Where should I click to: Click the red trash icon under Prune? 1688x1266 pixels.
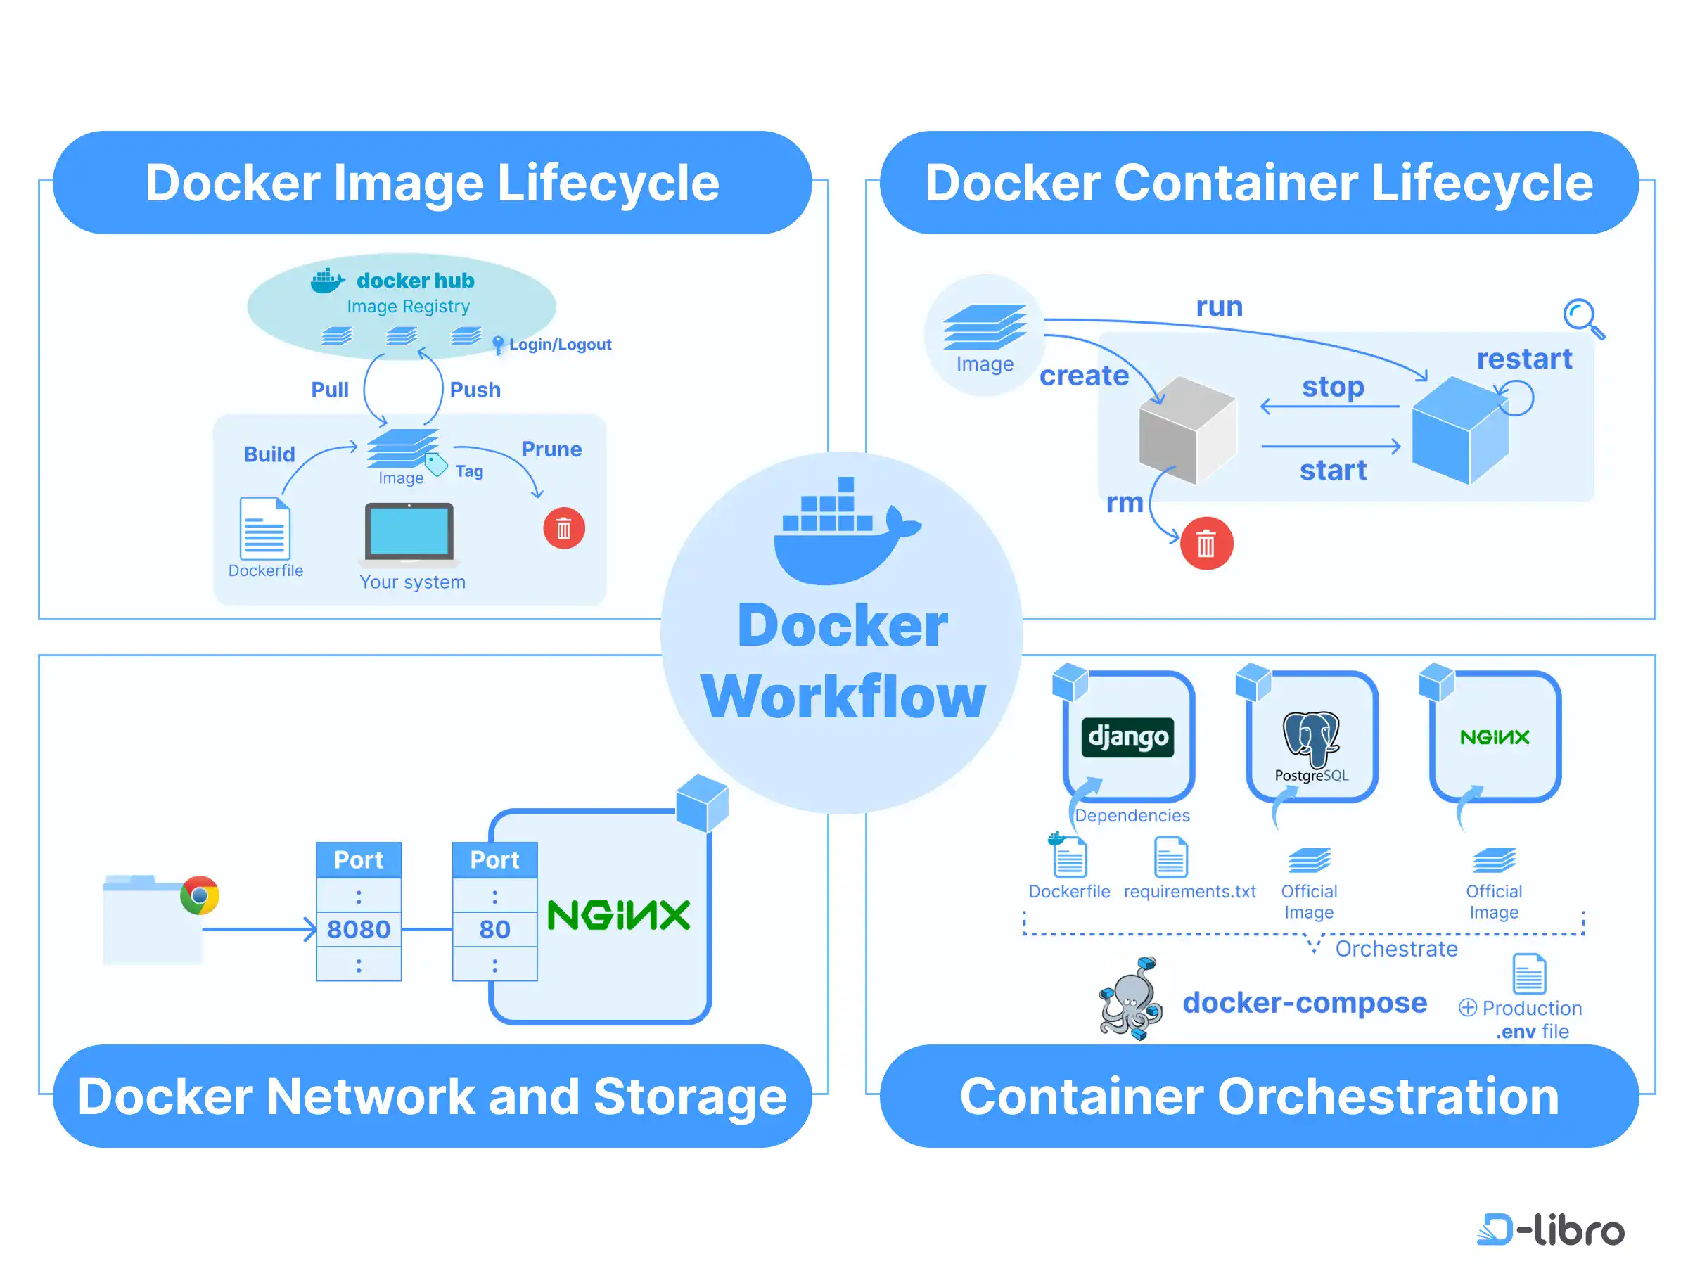click(x=564, y=528)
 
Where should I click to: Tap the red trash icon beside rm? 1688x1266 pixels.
click(x=1206, y=544)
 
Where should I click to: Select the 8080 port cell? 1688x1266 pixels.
click(x=359, y=930)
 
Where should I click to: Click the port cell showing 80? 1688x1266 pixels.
click(x=494, y=930)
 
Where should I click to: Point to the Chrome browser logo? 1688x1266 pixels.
click(x=200, y=895)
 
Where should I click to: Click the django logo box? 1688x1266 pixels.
click(x=1128, y=737)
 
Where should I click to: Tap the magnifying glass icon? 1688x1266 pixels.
click(x=1582, y=317)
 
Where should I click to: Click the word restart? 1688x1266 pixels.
click(x=1524, y=359)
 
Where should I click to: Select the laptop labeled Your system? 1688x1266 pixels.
click(x=409, y=532)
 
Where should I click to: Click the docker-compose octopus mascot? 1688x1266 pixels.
click(x=1131, y=1000)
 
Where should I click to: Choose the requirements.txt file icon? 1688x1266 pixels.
click(x=1170, y=858)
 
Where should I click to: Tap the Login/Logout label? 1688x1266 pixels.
click(x=560, y=345)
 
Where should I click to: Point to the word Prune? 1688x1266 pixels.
click(x=551, y=449)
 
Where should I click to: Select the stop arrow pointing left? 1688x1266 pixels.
click(x=1329, y=407)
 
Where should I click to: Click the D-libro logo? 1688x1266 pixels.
click(x=1550, y=1230)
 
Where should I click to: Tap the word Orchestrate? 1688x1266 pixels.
click(x=1395, y=949)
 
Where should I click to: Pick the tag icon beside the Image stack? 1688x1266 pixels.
click(x=436, y=463)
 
